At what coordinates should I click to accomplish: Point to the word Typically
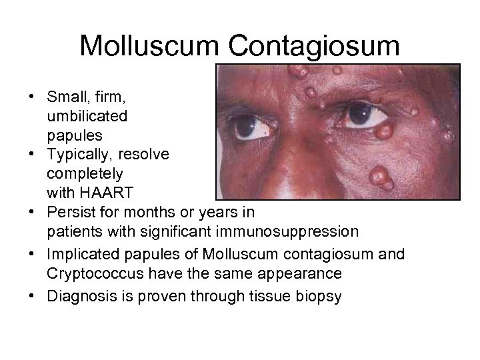[85, 154]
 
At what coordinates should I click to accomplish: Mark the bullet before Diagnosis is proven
[31, 295]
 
